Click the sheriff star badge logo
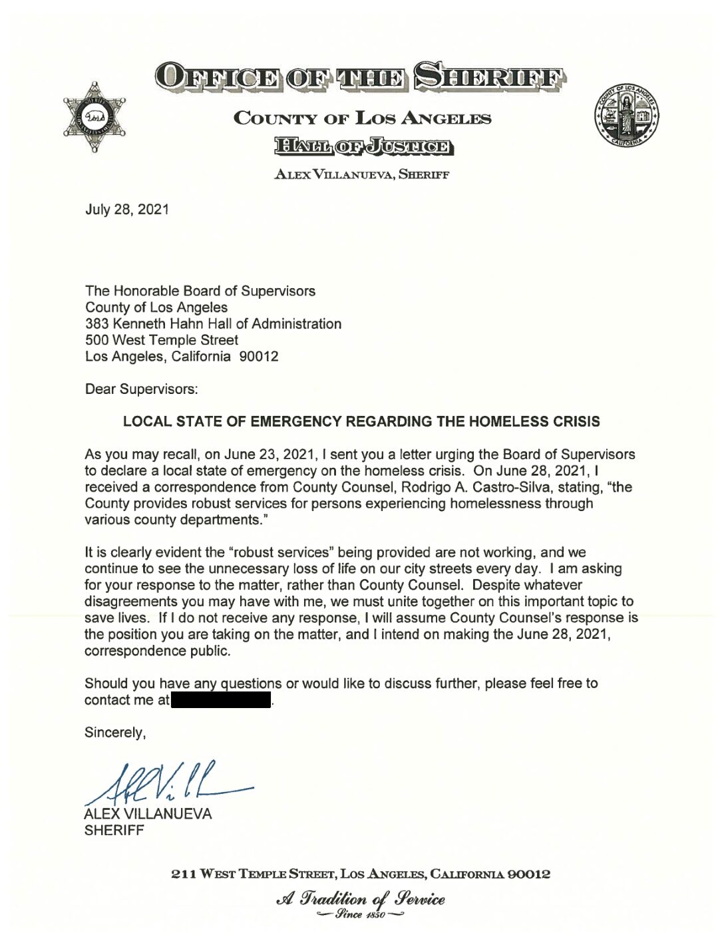pos(94,118)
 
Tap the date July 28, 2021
pos(127,210)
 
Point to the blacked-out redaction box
pos(222,700)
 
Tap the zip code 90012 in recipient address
pos(258,357)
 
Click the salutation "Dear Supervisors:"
pos(141,389)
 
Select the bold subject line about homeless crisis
pos(361,422)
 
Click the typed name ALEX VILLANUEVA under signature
pos(148,814)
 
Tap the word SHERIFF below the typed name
pos(114,831)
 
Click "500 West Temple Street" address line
pos(162,340)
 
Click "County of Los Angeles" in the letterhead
pos(362,119)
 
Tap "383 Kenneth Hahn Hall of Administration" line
pos(213,324)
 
